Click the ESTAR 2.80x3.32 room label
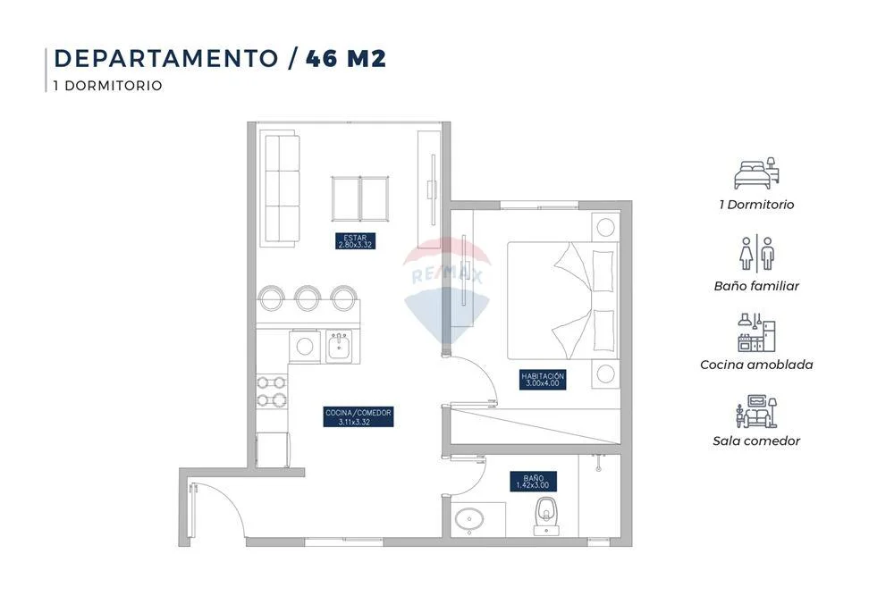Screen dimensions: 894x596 coord(355,241)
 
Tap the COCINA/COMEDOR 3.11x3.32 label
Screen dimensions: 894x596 coord(358,417)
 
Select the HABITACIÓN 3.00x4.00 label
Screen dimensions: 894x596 coord(543,380)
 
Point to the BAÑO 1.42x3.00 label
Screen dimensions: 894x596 coord(533,482)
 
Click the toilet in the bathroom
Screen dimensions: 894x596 coord(546,516)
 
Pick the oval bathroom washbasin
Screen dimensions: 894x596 coord(470,519)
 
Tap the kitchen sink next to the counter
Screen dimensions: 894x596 coord(340,345)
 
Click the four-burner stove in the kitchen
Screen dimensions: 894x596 coord(272,390)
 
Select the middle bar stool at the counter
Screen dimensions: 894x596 coord(307,298)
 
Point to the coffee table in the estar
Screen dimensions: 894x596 coord(360,199)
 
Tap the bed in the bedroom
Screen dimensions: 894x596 coord(563,300)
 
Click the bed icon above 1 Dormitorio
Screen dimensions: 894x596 coord(756,173)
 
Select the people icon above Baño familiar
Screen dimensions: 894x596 coord(756,254)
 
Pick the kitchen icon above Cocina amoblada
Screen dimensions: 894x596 coord(756,332)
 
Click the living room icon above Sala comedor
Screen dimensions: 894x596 coord(756,411)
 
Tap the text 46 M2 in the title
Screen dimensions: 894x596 coord(346,59)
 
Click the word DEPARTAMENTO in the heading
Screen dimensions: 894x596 coord(166,59)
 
